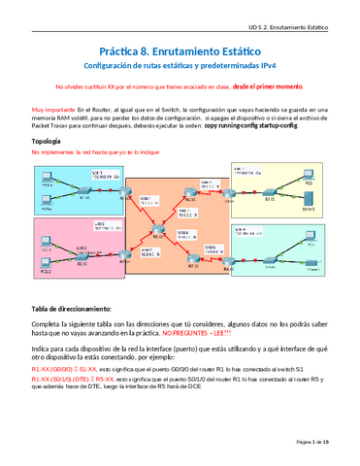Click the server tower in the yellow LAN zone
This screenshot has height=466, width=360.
click(309, 205)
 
